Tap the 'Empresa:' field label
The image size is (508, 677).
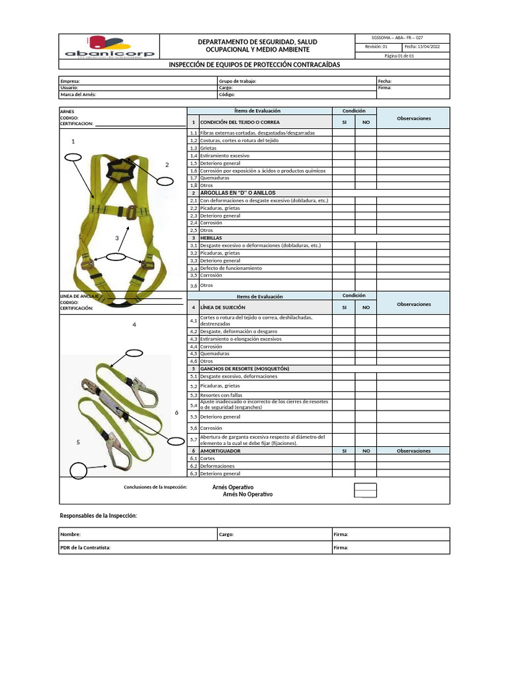point(70,81)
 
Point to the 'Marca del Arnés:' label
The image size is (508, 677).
point(79,95)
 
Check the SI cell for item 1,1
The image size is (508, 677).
point(343,133)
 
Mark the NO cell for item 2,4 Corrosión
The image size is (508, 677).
point(366,223)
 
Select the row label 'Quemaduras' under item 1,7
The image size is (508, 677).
point(215,178)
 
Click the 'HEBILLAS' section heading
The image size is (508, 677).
point(211,237)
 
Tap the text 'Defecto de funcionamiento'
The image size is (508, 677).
point(231,268)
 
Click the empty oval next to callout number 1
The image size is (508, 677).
point(73,157)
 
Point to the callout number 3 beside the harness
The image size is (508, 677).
point(116,238)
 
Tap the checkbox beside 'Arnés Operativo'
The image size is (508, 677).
point(365,487)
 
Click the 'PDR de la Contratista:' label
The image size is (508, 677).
point(85,547)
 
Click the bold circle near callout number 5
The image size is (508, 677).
point(79,470)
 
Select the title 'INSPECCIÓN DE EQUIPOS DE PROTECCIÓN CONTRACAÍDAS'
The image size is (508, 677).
point(254,64)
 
